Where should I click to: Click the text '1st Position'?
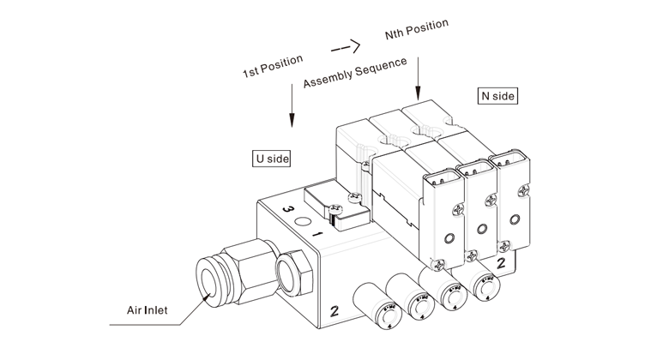click(x=273, y=68)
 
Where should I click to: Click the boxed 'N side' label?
click(x=497, y=96)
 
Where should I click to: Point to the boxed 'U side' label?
click(x=270, y=159)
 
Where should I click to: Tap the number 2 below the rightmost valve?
click(x=500, y=263)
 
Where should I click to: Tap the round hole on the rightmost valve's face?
click(x=513, y=219)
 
